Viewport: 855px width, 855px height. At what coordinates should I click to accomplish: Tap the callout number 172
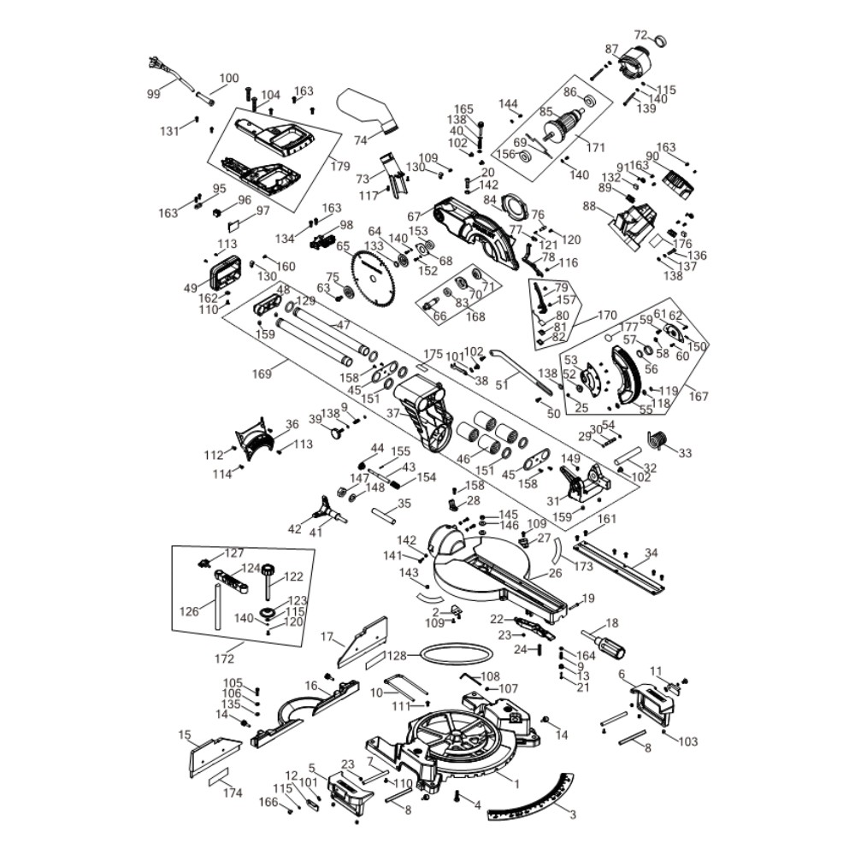point(224,660)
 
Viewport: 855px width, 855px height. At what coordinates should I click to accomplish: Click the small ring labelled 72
point(661,39)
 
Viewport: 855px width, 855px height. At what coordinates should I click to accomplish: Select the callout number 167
point(698,396)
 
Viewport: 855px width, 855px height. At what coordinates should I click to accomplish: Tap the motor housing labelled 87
point(634,65)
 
